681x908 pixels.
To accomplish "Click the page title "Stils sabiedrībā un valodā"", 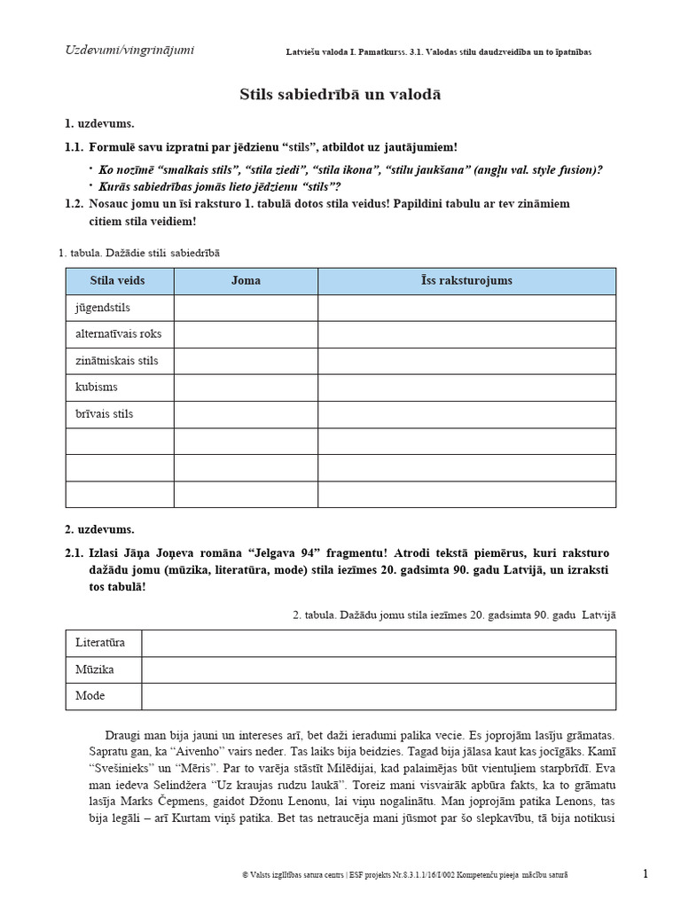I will tap(340, 94).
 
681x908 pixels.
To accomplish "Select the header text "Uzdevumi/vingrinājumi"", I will tap(129, 50).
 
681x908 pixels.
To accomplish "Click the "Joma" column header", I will tap(246, 281).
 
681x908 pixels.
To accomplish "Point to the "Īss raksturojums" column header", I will tap(466, 281).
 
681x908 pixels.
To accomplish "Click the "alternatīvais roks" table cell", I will tap(119, 334).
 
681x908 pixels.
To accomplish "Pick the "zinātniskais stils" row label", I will tap(117, 361).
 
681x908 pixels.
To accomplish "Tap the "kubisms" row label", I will tap(97, 387).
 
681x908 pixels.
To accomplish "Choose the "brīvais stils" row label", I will tap(106, 414).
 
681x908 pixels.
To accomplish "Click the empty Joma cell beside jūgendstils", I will tap(246, 308).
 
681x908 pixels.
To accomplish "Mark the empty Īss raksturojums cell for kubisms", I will tap(466, 387).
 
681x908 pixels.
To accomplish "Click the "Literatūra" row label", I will tap(100, 643).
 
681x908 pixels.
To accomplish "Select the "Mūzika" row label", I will tap(95, 669).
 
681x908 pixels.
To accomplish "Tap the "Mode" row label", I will tap(90, 696).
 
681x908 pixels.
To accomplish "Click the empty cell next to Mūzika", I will tap(379, 669).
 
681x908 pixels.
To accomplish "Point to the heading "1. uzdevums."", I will tap(99, 123).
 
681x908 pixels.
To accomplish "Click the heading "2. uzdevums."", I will tap(99, 529).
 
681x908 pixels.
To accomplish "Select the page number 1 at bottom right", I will tap(645, 874).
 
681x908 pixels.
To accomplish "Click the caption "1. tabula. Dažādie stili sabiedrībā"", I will tap(139, 253).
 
